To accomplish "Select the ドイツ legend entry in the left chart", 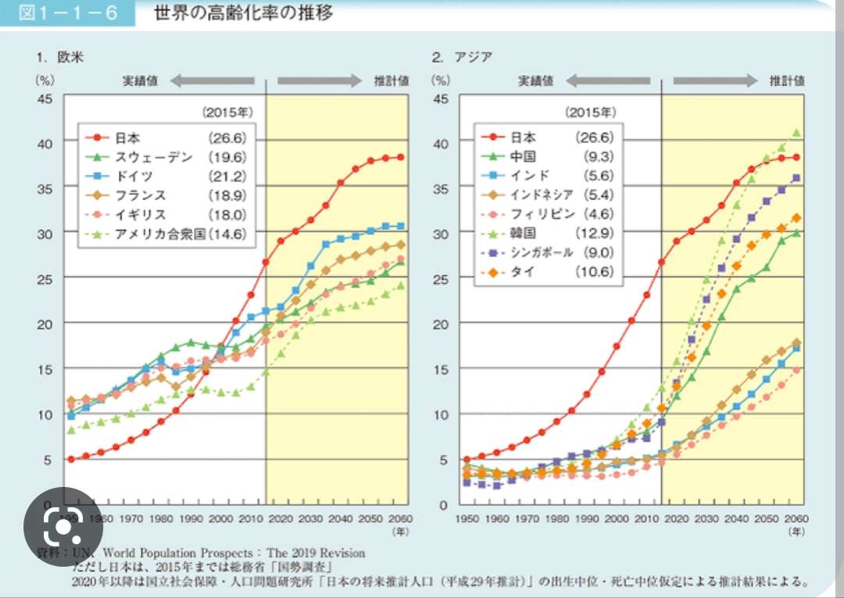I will click(x=134, y=176).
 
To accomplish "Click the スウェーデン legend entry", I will click(x=153, y=157).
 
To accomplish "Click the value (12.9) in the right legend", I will click(x=596, y=233).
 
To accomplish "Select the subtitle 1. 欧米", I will click(x=59, y=56).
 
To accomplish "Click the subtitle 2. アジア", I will click(x=461, y=56).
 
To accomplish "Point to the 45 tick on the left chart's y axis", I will click(x=45, y=98).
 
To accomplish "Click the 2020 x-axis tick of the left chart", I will click(x=281, y=518).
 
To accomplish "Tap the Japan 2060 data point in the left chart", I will click(x=401, y=157).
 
